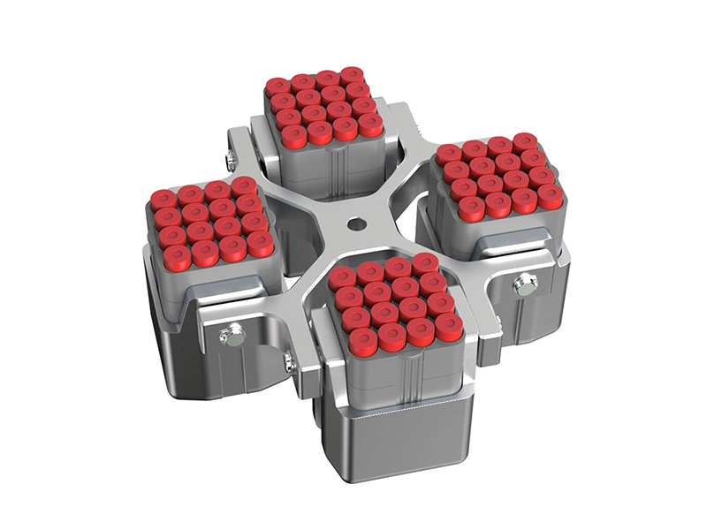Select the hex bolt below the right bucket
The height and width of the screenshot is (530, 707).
pos(525,284)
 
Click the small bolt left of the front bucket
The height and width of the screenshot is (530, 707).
pos(287,360)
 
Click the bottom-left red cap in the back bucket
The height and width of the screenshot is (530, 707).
pos(293,134)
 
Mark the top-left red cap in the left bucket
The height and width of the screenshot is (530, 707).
pos(163,199)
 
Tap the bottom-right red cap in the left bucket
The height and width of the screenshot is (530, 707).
pos(259,244)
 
